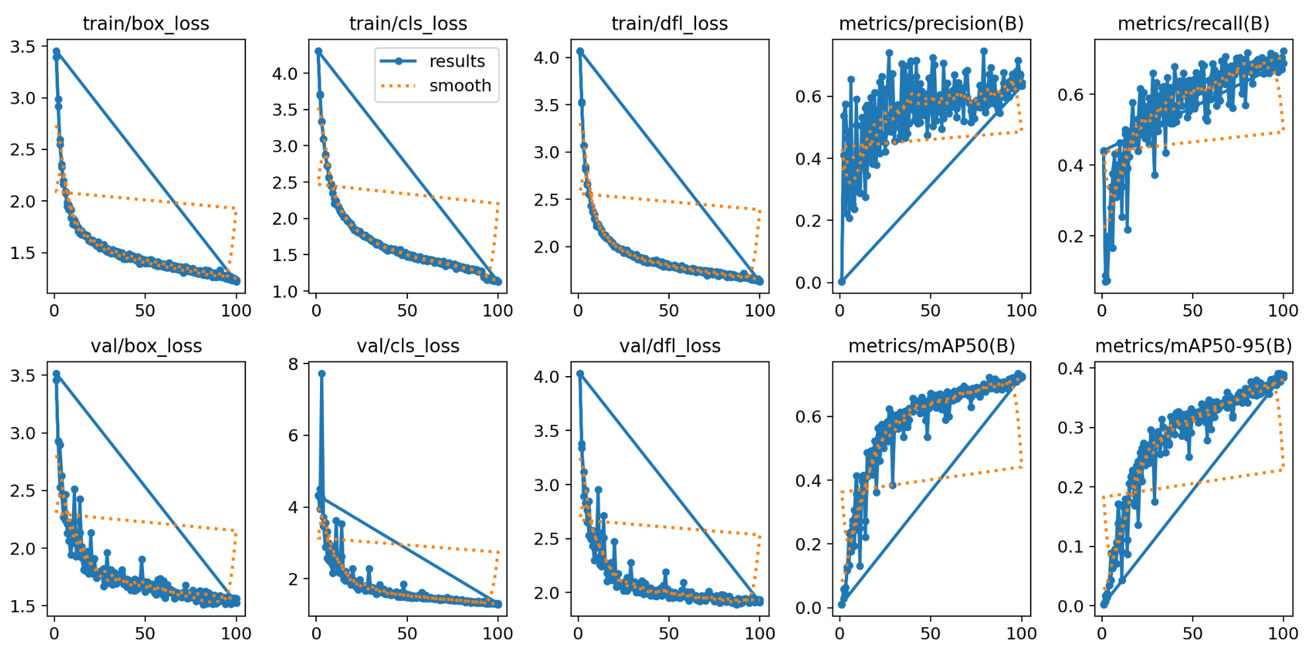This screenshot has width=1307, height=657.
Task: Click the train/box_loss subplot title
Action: point(145,24)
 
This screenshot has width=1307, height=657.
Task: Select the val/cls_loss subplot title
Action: point(408,346)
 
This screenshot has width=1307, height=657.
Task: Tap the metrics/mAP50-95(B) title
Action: point(1193,346)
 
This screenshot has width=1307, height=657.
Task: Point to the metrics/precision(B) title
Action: point(931,24)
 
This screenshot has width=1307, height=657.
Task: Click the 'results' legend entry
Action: point(456,61)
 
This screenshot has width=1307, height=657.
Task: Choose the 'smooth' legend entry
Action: point(459,86)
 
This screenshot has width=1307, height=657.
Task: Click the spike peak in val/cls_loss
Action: point(322,374)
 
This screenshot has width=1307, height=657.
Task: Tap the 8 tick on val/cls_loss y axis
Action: point(294,364)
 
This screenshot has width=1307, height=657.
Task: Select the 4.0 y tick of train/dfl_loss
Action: point(547,58)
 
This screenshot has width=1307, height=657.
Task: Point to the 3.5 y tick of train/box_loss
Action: point(23,47)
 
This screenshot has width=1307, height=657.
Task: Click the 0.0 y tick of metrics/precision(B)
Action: point(809,283)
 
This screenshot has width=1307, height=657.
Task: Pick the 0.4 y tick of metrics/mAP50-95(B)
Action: point(1070,368)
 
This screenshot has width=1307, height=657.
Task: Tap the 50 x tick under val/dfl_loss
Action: point(668,633)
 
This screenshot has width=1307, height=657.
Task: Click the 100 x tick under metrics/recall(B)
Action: point(1283,311)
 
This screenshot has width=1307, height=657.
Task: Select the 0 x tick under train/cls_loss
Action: point(317,311)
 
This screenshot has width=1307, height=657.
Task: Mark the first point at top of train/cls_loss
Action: point(318,52)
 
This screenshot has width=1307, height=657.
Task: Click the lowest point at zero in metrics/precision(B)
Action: point(842,282)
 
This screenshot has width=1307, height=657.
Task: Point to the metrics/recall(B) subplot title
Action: point(1193,24)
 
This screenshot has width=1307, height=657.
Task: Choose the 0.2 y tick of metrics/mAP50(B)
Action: point(809,545)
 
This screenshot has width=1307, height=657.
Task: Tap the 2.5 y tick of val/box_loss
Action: point(23,491)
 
